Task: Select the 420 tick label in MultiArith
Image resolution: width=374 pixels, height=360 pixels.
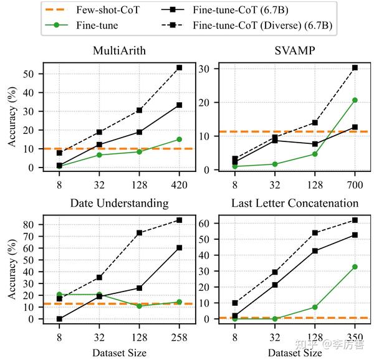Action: coord(180,184)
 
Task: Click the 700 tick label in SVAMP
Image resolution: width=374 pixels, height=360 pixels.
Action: coord(355,184)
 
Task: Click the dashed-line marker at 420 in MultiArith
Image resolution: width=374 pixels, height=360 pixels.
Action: coord(180,67)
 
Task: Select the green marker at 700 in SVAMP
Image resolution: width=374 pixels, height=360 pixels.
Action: coord(355,100)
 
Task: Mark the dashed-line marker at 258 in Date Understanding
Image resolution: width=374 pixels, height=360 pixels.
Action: coord(180,220)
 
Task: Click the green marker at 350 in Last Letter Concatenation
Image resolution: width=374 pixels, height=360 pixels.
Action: coord(355,267)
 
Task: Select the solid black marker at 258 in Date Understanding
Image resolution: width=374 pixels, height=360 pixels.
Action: coord(180,247)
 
